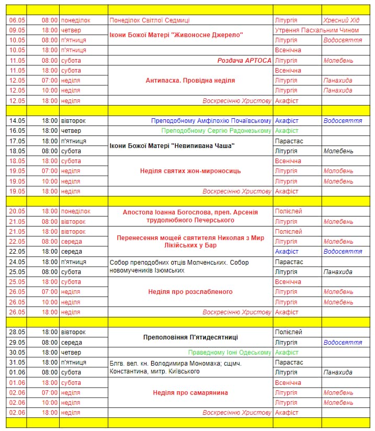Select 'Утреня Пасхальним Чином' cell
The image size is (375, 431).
point(316,30)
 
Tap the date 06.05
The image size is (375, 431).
point(17,20)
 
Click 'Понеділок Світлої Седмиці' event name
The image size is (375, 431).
point(150,20)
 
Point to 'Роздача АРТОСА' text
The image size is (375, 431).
point(244,61)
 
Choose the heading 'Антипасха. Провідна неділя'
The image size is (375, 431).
point(190,81)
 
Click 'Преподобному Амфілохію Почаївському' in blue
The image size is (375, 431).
point(211,121)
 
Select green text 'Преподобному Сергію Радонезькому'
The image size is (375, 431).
point(217,131)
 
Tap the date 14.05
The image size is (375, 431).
point(17,121)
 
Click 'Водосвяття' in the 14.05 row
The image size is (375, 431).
point(343,121)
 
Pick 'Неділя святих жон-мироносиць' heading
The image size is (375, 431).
point(190,171)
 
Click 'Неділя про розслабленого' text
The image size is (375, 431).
point(190,292)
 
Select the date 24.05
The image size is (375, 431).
point(17,262)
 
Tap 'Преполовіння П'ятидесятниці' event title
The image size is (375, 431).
point(190,337)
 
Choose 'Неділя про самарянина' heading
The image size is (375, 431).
point(190,393)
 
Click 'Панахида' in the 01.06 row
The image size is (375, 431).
point(338,372)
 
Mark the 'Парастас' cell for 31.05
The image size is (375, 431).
point(289,362)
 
